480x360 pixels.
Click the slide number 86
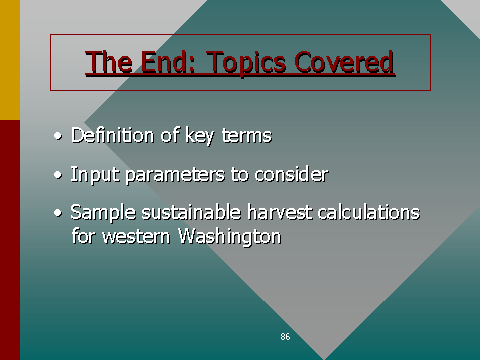(285, 337)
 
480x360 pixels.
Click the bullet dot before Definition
(58, 136)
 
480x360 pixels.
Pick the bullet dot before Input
(58, 175)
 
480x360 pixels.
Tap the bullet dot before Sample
(58, 214)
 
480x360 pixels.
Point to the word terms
(247, 135)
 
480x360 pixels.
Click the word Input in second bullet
(88, 174)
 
